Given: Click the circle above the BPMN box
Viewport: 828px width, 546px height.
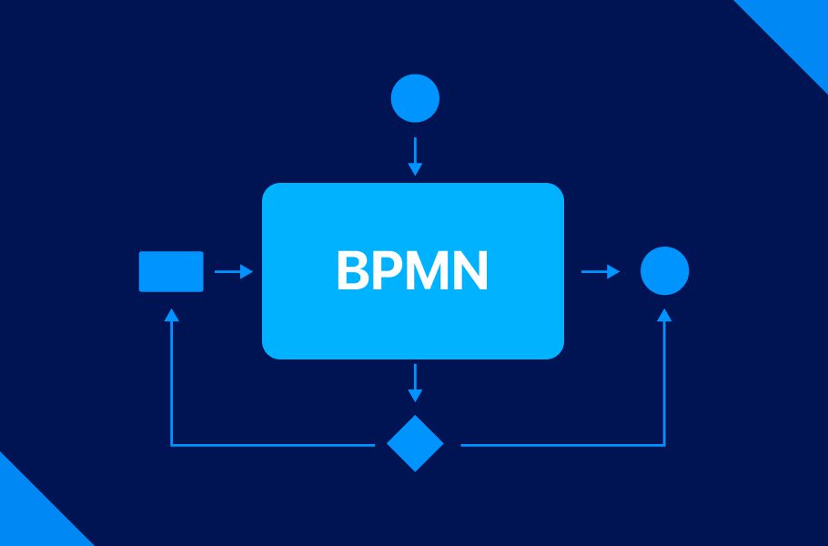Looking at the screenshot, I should (x=415, y=98).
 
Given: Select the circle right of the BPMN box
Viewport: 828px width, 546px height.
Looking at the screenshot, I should (x=664, y=270).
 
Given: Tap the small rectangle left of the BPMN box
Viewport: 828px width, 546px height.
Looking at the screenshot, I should (x=171, y=271).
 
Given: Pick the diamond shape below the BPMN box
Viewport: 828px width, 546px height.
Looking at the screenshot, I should (x=415, y=443).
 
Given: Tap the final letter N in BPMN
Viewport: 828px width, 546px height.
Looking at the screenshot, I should (x=471, y=271).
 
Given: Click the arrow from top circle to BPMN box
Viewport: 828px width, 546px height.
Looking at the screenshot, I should (x=415, y=157).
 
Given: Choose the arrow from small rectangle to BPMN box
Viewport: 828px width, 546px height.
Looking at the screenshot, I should (x=233, y=271).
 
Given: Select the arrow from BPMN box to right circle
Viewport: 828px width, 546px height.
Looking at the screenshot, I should (x=600, y=271).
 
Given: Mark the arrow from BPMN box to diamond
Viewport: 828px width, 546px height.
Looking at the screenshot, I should (x=415, y=382).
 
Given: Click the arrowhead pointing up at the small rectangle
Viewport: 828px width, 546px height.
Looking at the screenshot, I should (x=171, y=315).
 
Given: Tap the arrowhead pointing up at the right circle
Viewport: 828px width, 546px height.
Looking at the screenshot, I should (x=664, y=315).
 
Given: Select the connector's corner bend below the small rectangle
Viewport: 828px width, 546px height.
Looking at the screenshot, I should (x=171, y=445).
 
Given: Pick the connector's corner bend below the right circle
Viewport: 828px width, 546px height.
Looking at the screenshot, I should (x=664, y=445).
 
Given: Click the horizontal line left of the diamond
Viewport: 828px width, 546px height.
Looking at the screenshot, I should (x=273, y=445).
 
